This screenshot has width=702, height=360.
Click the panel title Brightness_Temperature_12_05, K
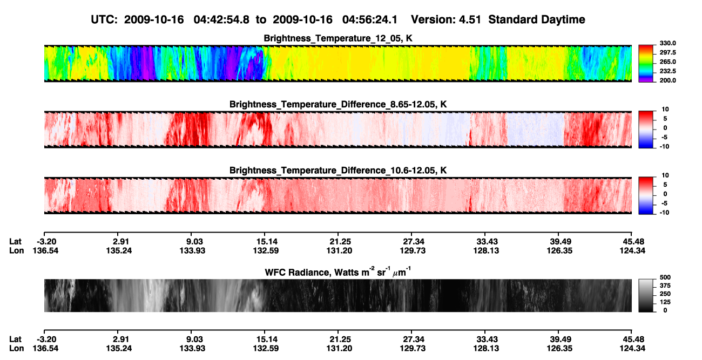[338, 38]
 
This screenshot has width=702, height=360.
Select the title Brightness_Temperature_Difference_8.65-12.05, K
[338, 104]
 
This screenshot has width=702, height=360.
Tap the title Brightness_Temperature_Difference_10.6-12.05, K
[338, 171]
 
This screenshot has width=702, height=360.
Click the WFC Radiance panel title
[338, 272]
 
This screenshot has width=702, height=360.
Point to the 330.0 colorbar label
[667, 43]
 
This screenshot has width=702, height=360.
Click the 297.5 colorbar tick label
[667, 52]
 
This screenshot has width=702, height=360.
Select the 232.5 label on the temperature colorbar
[667, 71]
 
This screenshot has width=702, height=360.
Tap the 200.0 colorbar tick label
[667, 80]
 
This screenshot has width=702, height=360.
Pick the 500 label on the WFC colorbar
[665, 277]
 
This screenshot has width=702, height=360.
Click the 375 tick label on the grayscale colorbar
[665, 286]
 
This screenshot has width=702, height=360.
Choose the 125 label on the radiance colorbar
[665, 302]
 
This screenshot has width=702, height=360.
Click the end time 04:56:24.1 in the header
[370, 20]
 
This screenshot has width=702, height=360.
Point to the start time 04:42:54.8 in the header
[221, 20]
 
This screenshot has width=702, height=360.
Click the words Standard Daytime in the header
[537, 20]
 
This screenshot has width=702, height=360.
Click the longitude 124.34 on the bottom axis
[632, 349]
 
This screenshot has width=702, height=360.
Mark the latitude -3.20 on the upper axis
[46, 242]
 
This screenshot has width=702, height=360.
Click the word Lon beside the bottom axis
[16, 349]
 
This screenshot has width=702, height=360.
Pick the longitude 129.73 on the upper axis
[413, 250]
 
